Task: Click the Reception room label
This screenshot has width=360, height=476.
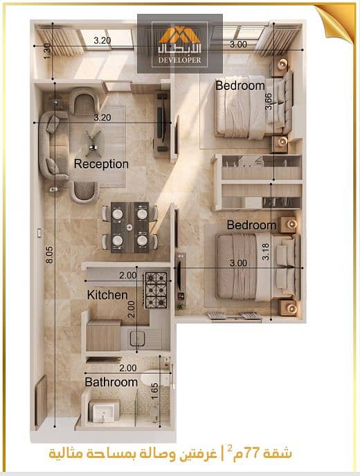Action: pos(101,164)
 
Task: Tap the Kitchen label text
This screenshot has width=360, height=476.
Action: pos(107,295)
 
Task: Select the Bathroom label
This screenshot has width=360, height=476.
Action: pos(111,382)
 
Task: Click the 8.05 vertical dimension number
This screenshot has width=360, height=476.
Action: pos(49,254)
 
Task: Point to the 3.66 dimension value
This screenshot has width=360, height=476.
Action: pos(269,101)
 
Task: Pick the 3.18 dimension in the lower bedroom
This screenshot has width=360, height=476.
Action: pos(266,252)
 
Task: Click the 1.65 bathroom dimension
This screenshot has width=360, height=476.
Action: pos(154,391)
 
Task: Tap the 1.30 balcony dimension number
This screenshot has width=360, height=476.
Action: pos(47,51)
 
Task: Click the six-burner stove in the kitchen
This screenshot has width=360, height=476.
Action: pos(156,290)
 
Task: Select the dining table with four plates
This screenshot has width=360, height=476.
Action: pos(129,227)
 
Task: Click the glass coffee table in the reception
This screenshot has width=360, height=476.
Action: pos(93,142)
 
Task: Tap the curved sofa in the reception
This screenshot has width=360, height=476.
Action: pos(51,146)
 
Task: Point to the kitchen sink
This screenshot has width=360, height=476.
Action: pos(137,339)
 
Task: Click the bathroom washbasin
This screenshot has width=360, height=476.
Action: pos(104,412)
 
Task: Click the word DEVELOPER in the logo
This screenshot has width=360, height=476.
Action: pos(179,60)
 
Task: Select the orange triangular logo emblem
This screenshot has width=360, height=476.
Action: pos(179,35)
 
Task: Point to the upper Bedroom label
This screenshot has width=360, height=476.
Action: pos(240,86)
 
